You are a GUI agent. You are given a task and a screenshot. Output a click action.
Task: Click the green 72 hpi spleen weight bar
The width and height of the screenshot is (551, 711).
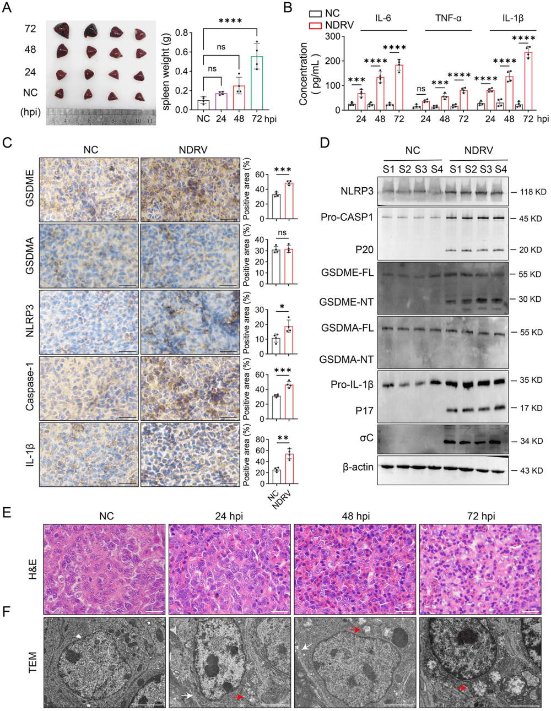257,83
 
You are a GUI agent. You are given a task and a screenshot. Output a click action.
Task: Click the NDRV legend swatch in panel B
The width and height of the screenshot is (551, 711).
315,25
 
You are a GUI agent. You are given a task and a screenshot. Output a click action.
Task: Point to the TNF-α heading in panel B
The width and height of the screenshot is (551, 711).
449,18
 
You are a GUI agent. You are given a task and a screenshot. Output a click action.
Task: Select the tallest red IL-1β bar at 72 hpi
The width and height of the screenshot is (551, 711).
528,81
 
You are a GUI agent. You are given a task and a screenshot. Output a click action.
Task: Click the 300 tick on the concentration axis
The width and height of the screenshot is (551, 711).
334,36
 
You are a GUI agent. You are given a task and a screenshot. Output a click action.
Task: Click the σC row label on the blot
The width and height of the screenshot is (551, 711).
366,437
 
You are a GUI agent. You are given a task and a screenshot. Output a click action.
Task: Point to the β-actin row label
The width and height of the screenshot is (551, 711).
358,467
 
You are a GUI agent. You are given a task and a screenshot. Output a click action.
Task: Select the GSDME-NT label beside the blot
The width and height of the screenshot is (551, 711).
347,302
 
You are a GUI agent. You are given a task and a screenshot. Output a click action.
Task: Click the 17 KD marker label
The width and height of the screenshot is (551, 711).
531,408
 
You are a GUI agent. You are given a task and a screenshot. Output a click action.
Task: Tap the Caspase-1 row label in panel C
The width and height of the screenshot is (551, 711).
30,389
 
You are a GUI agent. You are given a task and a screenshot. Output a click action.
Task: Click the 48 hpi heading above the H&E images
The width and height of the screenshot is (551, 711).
355,517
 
